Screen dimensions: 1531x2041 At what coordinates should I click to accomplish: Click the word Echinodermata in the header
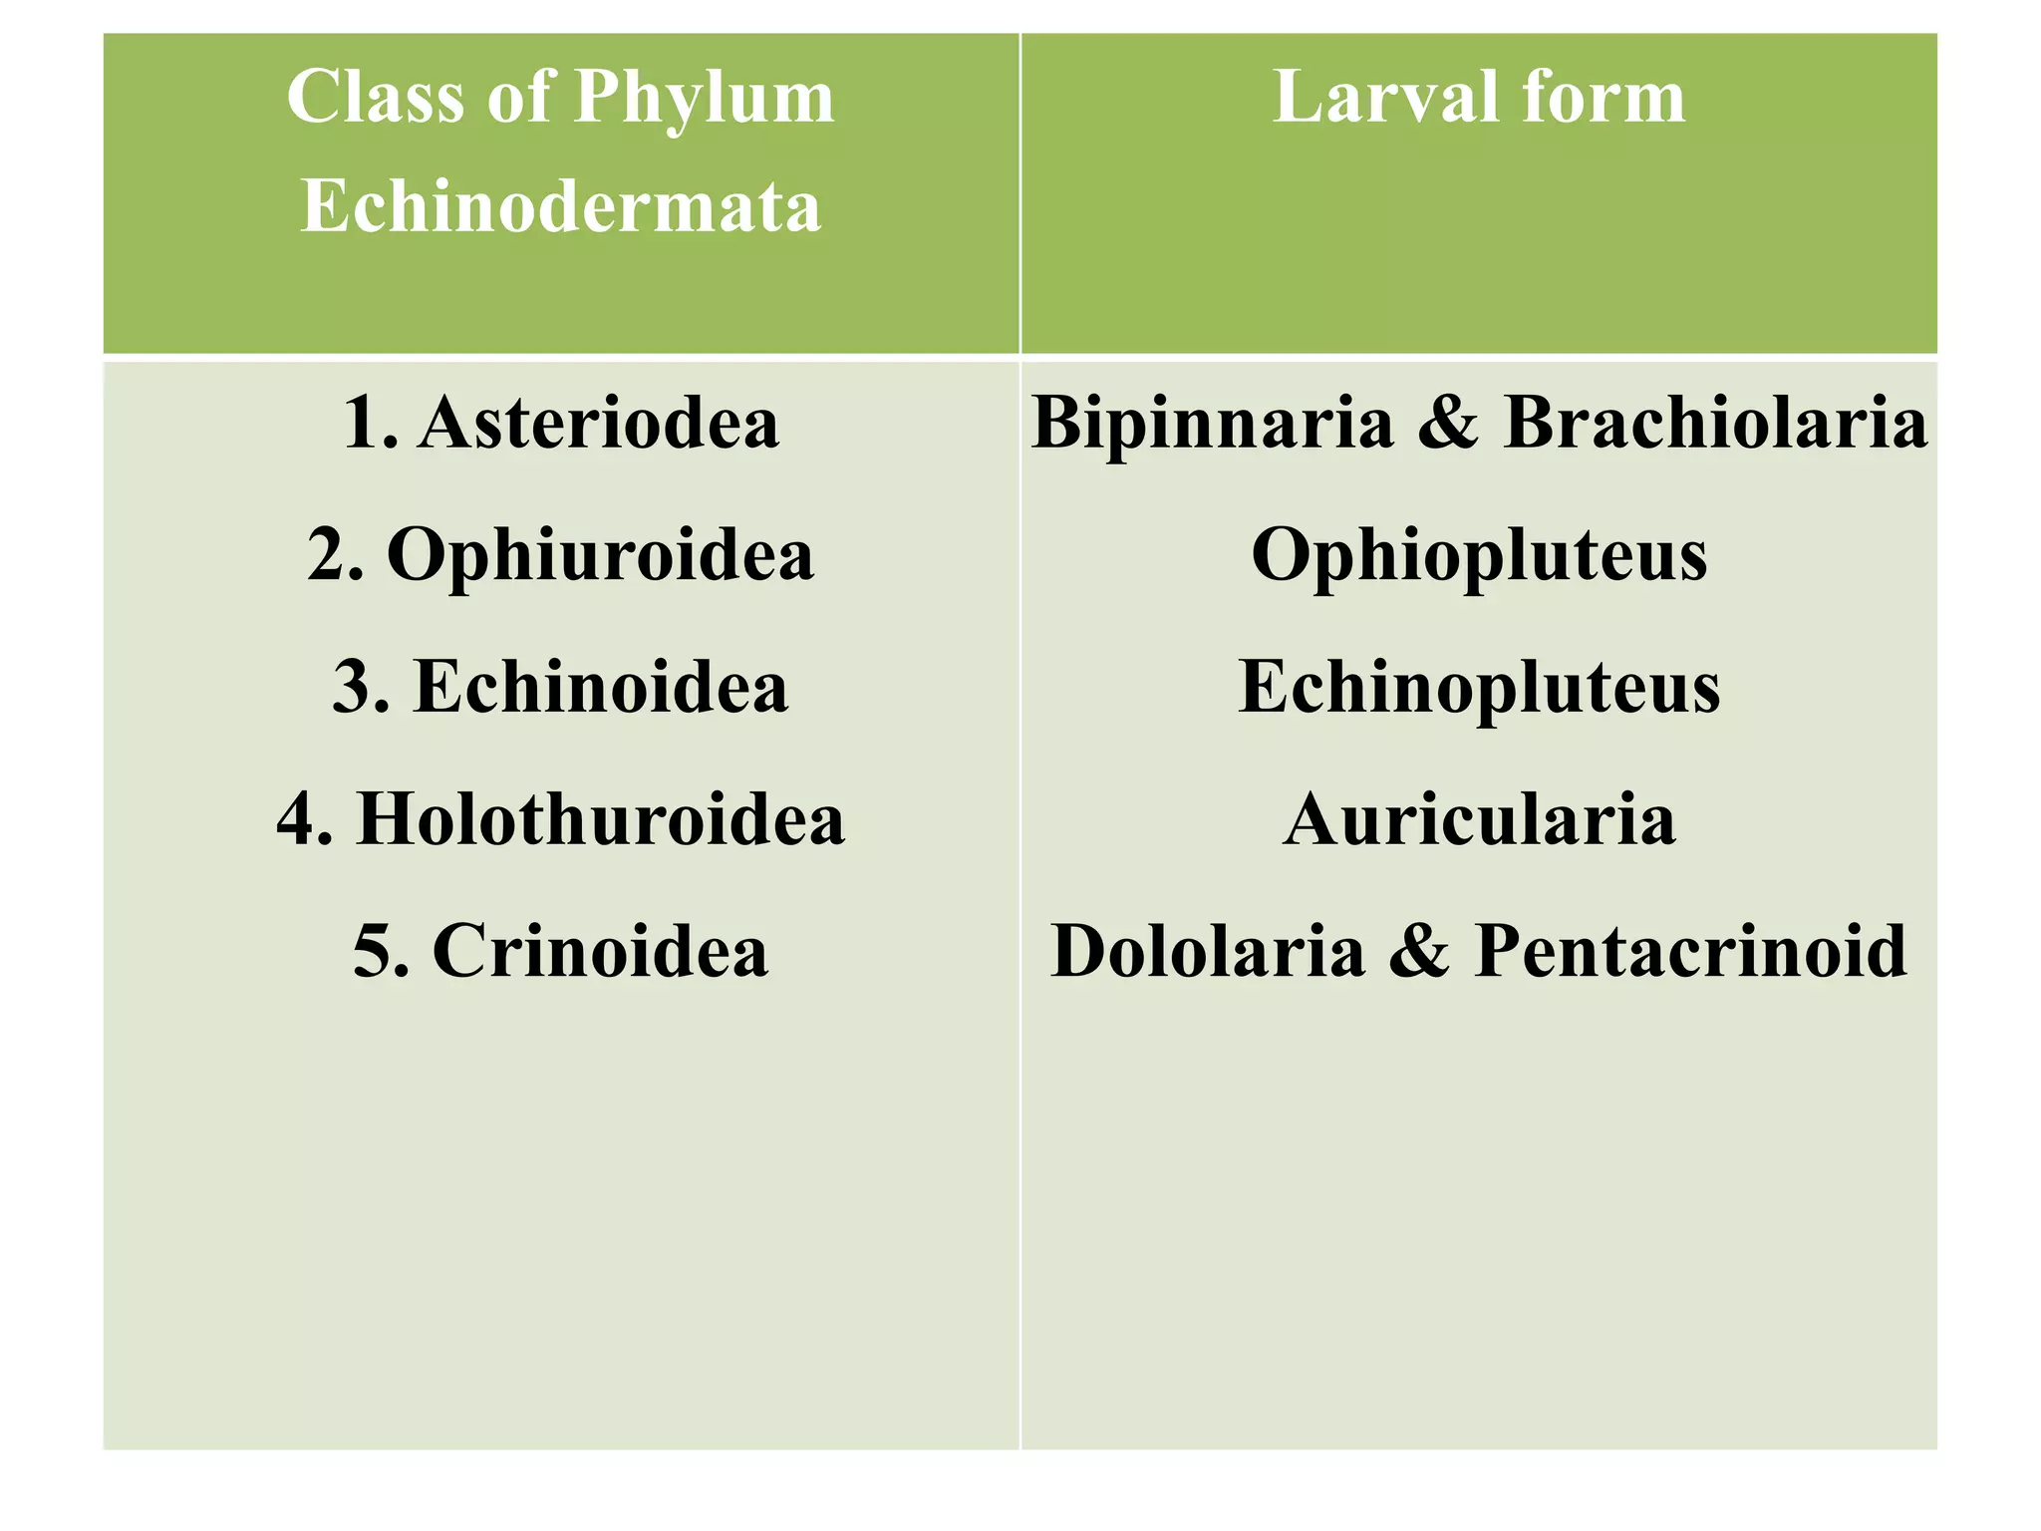561,206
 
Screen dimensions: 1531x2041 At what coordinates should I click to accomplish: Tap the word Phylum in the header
705,99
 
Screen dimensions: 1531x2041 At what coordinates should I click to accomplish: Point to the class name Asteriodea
598,423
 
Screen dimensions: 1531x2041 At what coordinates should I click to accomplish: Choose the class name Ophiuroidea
600,554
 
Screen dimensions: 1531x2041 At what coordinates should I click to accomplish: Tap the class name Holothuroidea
601,818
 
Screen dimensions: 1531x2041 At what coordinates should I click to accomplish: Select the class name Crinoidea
600,950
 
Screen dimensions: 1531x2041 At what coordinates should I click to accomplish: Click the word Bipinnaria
1212,423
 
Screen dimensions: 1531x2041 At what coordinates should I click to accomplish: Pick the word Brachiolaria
1715,423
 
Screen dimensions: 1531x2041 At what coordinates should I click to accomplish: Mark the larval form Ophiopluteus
1479,554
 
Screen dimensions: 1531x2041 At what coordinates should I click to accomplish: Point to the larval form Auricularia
1479,818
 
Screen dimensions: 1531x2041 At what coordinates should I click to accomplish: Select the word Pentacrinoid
1690,950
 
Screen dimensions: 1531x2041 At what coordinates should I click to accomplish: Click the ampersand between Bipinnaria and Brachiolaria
1448,423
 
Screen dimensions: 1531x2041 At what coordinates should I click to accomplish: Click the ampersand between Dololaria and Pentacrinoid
1419,950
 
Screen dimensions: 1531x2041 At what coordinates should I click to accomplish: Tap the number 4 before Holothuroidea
297,818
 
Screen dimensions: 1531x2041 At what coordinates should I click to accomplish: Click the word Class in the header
377,97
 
